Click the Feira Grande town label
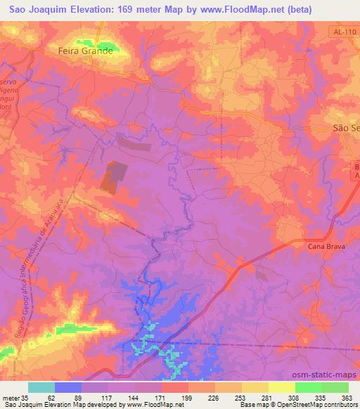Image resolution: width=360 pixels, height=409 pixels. (x=84, y=51)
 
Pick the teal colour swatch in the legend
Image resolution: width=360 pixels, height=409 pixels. (x=41, y=387)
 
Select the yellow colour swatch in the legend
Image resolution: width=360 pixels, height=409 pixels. (x=282, y=387)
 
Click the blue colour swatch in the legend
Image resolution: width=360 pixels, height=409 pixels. (x=68, y=387)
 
